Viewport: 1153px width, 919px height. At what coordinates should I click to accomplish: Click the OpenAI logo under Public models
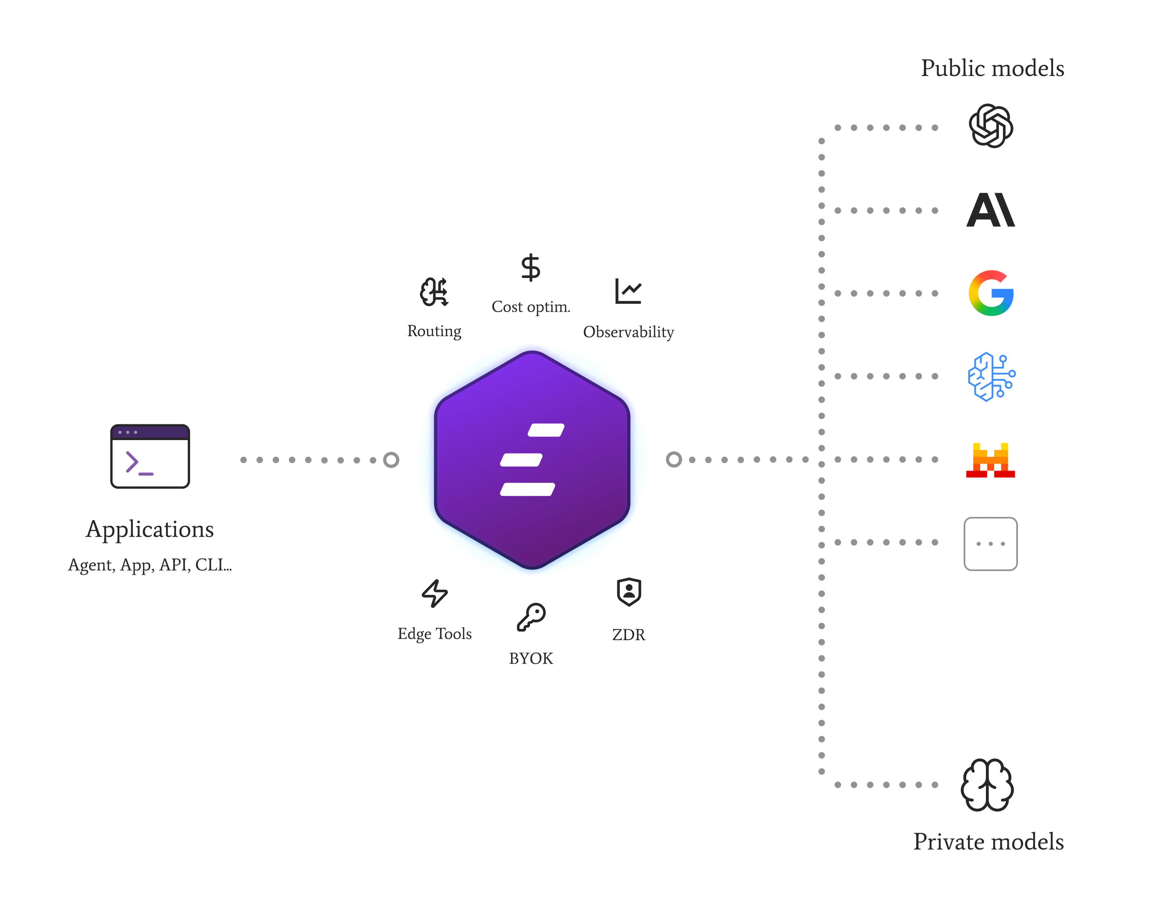tap(990, 126)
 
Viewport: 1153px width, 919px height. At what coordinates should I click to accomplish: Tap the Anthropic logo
tap(990, 210)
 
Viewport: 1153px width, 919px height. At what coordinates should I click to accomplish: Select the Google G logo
tap(991, 293)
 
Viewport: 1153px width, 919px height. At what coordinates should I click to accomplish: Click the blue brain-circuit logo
tap(991, 376)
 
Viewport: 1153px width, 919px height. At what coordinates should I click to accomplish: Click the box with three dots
tap(990, 544)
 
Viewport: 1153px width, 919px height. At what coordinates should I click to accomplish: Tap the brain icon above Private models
tap(987, 784)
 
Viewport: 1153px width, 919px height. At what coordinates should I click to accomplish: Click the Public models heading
tap(992, 68)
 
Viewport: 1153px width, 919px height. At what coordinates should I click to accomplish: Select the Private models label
tap(988, 841)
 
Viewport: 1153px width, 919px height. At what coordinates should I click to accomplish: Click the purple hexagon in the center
tap(532, 459)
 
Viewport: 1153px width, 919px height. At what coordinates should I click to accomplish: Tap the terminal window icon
tap(150, 456)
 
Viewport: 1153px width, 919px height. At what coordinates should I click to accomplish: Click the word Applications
tap(150, 529)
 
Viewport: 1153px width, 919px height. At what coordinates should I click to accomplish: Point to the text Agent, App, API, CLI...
tap(150, 565)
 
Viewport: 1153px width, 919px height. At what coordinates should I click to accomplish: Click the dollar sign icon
tap(530, 267)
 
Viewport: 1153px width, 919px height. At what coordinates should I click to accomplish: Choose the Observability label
tap(628, 332)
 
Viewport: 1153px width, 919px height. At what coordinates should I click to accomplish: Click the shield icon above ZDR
tap(629, 592)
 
